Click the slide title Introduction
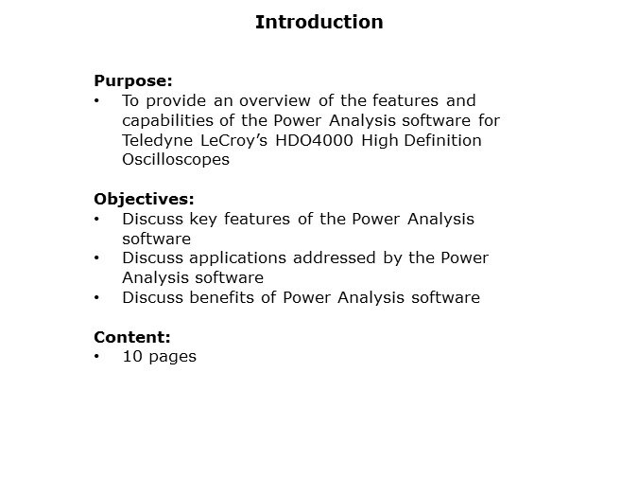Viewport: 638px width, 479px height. tap(319, 22)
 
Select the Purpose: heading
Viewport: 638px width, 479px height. tap(132, 81)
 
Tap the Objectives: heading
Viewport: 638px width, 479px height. tap(144, 199)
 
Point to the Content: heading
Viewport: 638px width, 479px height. tap(132, 337)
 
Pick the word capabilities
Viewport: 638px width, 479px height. tap(167, 120)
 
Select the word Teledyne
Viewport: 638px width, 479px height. tap(157, 140)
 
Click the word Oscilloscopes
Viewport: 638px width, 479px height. tap(176, 160)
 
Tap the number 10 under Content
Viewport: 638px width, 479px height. tap(131, 357)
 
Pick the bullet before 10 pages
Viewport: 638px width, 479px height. tap(97, 357)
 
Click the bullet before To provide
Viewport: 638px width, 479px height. tap(97, 100)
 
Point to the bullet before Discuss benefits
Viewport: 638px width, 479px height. tap(97, 298)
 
